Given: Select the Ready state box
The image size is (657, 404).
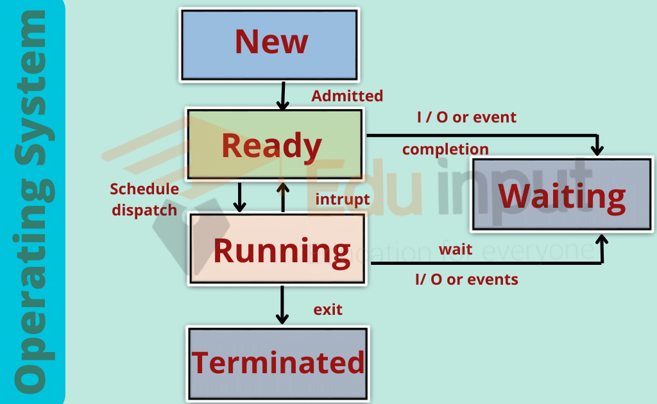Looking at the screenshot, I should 275,145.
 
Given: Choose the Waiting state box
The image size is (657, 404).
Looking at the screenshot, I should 561,195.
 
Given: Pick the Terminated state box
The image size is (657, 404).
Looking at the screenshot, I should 278,363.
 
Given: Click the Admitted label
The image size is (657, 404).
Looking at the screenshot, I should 347,96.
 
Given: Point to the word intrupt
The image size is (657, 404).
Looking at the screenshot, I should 343,199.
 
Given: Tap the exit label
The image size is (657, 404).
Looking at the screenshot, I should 328,310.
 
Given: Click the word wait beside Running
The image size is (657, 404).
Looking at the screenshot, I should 456,250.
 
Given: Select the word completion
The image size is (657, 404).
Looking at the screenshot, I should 445,149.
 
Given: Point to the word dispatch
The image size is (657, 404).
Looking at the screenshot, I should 144,210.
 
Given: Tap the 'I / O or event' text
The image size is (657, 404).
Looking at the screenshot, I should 466,117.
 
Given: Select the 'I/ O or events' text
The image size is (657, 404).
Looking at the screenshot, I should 466,280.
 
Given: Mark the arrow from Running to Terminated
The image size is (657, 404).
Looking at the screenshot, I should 281,305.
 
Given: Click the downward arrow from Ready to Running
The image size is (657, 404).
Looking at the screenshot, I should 240,197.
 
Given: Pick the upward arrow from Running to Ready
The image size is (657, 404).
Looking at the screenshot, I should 282,197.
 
